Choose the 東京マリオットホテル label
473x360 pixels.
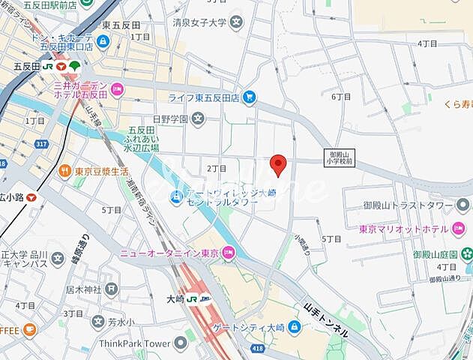coord(409,229)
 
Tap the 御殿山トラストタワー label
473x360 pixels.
coord(409,205)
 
